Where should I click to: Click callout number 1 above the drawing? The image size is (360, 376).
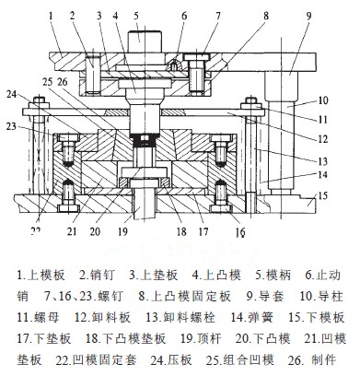55,16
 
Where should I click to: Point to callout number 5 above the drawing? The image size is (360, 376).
135,16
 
